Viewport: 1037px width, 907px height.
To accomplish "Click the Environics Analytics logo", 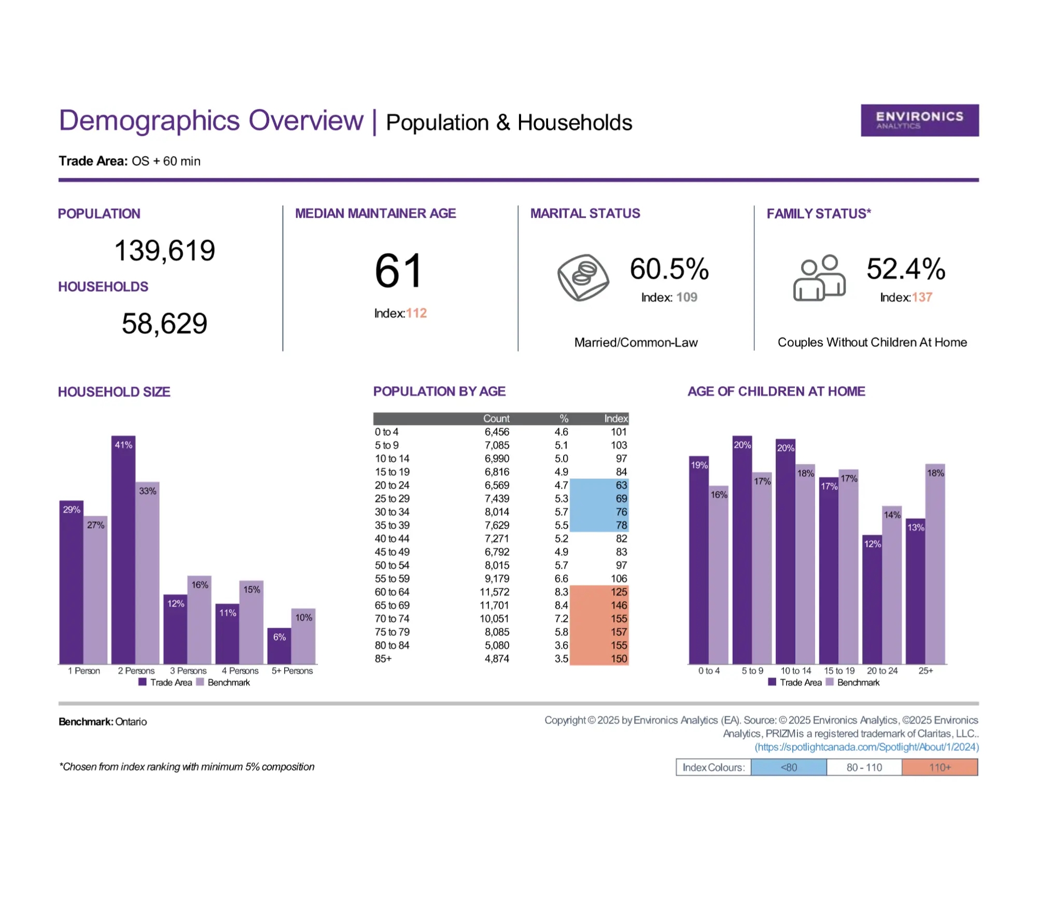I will (919, 120).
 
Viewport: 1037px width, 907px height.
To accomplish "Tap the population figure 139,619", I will (164, 250).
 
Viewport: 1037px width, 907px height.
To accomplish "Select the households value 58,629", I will (164, 323).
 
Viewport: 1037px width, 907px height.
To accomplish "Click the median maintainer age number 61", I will (398, 271).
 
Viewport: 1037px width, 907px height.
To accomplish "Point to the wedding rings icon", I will (583, 277).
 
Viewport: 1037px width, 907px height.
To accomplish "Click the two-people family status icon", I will (819, 278).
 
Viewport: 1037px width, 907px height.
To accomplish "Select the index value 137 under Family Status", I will (922, 297).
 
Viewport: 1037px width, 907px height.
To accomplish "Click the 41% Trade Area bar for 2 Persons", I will (123, 549).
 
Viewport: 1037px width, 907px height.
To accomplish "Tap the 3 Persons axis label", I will (188, 671).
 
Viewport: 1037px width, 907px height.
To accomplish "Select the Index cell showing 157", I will (618, 632).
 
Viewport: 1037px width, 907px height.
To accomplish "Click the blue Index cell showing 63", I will (621, 486).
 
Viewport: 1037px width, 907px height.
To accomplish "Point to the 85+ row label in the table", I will (383, 659).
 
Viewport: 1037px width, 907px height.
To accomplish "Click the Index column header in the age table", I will (615, 418).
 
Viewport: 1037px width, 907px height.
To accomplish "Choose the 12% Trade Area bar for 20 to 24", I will (872, 600).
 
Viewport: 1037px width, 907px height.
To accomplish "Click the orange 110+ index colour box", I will (940, 767).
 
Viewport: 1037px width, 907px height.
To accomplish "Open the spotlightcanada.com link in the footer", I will (866, 747).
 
